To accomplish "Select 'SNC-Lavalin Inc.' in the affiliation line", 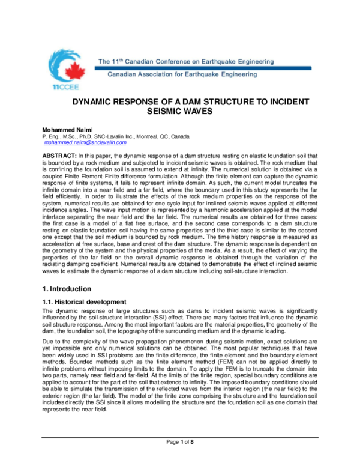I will click(x=119, y=136).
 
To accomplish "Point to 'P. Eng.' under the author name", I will click(x=51, y=136).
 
